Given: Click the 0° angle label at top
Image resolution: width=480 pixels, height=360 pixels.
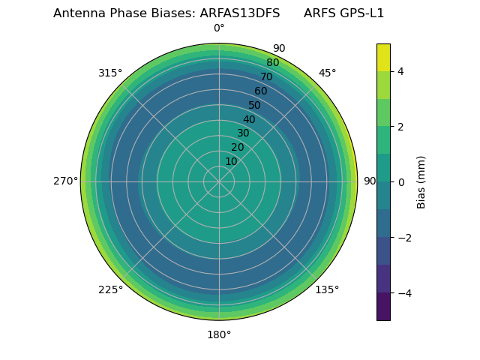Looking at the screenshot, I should coord(219,28).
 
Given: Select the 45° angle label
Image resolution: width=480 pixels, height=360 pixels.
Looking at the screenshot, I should coord(327,73).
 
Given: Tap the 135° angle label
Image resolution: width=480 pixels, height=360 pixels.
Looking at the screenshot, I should coord(327,289).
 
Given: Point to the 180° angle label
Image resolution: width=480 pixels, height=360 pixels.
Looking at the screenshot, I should coord(219,334).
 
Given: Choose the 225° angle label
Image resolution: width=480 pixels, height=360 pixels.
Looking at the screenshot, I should coord(110,289).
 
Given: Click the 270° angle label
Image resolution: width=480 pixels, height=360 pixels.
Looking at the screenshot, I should coord(65,181).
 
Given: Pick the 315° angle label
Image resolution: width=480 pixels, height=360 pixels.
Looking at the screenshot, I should coord(110,73).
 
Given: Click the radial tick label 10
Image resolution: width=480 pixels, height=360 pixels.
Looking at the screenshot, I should coord(231,161).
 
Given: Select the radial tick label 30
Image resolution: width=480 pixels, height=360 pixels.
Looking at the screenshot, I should coord(243,133).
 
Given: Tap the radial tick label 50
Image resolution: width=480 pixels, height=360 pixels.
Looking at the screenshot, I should coord(255,106).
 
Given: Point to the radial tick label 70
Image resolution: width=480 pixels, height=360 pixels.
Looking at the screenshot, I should coord(266,77).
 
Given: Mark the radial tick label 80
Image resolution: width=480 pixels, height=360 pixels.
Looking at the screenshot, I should coord(272,63).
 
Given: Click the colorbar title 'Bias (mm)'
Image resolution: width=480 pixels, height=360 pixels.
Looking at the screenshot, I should coord(421,182).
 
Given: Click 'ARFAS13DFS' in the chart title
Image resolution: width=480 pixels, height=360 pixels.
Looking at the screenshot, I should coord(240,13).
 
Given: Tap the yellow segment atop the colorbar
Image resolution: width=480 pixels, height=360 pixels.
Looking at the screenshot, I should coord(383,57).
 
